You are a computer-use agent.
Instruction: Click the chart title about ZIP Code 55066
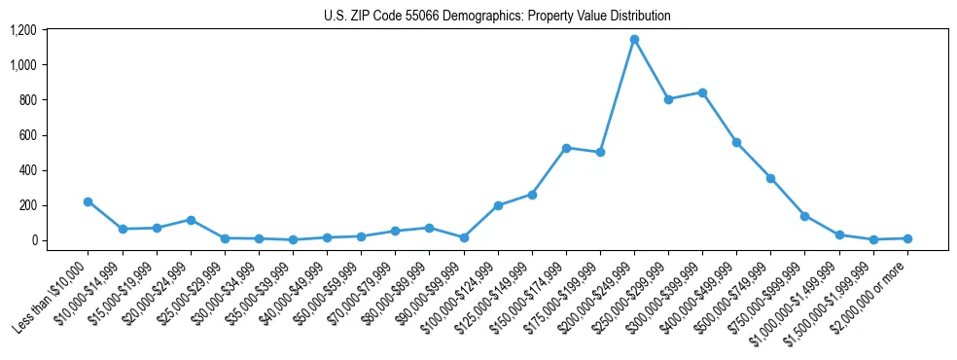[x=497, y=17]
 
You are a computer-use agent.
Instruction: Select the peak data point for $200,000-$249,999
[x=634, y=40]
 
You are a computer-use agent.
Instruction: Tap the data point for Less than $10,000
[x=89, y=201]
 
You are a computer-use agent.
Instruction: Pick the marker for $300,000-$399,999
[x=702, y=92]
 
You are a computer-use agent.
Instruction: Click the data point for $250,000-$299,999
[x=668, y=99]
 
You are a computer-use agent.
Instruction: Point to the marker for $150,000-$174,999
[x=566, y=148]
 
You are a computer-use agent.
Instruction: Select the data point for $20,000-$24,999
[x=191, y=220]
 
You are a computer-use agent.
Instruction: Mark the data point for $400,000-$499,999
[x=736, y=142]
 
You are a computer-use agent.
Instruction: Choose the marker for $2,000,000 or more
[x=906, y=238]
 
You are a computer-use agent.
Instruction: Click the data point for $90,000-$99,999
[x=464, y=237]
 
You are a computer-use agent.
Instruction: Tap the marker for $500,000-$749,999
[x=770, y=178]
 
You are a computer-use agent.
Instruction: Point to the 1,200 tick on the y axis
[x=23, y=30]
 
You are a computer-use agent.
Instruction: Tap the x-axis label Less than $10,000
[x=53, y=295]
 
